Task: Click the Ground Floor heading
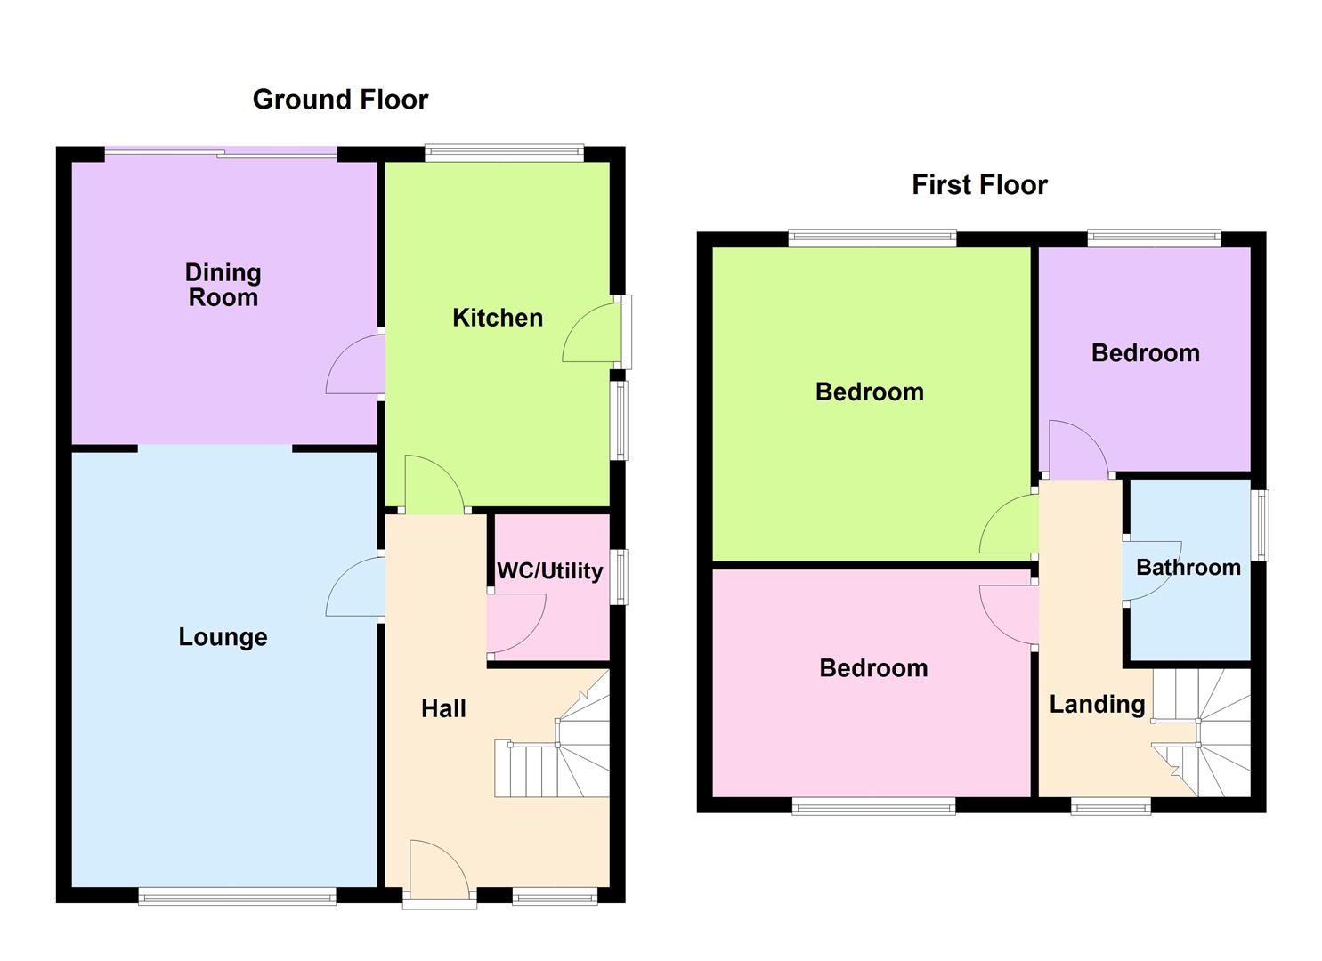pyautogui.click(x=340, y=100)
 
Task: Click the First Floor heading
pyautogui.click(x=979, y=185)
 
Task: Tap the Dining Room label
pyautogui.click(x=223, y=285)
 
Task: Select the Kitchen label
pyautogui.click(x=498, y=318)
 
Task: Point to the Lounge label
pyautogui.click(x=223, y=637)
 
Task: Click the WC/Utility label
pyautogui.click(x=549, y=571)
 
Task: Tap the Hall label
pyautogui.click(x=443, y=708)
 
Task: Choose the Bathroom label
pyautogui.click(x=1188, y=568)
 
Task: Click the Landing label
pyautogui.click(x=1097, y=705)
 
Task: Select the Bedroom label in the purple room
pyautogui.click(x=1145, y=353)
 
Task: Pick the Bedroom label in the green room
pyautogui.click(x=869, y=392)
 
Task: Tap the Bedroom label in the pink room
pyautogui.click(x=872, y=668)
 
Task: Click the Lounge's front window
pyautogui.click(x=237, y=898)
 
